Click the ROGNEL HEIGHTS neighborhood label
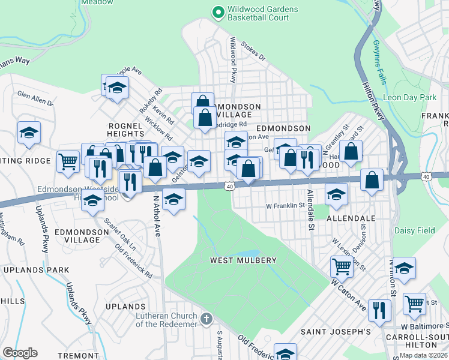(126, 130)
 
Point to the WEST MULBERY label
(243, 260)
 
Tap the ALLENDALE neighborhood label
(351, 219)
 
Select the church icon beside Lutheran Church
(206, 318)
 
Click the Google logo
(20, 353)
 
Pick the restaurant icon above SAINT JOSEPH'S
(379, 309)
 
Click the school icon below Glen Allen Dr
(29, 133)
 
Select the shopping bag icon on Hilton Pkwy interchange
(372, 179)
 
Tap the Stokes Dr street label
(253, 51)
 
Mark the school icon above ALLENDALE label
(336, 193)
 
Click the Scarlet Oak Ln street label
(121, 235)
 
